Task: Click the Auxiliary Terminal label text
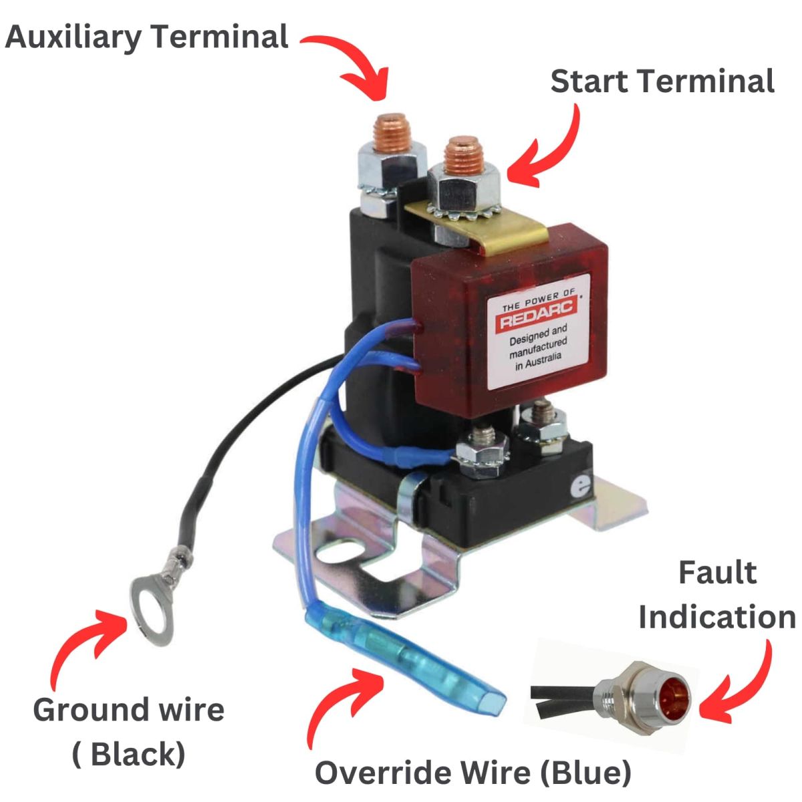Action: (147, 37)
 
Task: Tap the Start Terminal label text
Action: (662, 82)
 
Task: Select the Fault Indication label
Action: (717, 595)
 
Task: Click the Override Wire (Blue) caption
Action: (473, 773)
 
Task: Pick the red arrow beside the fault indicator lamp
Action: (742, 688)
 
